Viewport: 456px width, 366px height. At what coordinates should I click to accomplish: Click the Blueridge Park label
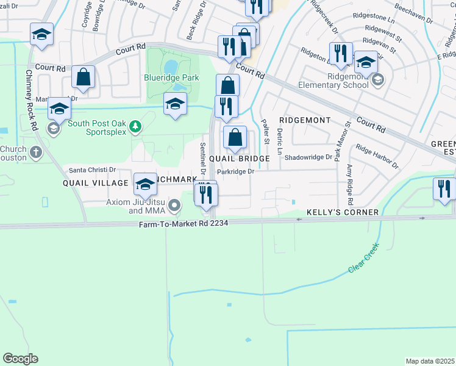pos(171,78)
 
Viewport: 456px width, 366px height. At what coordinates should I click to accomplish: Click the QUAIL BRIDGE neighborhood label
pos(239,159)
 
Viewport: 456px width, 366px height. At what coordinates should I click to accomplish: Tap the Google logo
pos(20,359)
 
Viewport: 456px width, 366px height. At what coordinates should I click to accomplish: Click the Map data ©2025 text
pos(430,361)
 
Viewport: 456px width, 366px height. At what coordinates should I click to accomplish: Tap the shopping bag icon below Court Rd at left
pos(84,77)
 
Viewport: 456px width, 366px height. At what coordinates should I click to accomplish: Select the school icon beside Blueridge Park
pos(175,104)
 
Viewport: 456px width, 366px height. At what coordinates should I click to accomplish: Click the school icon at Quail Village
pos(145,184)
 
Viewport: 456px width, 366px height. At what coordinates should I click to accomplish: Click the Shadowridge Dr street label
pos(308,157)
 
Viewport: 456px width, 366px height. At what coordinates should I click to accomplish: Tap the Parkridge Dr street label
pos(235,171)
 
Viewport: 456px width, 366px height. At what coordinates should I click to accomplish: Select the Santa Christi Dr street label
pos(92,170)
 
